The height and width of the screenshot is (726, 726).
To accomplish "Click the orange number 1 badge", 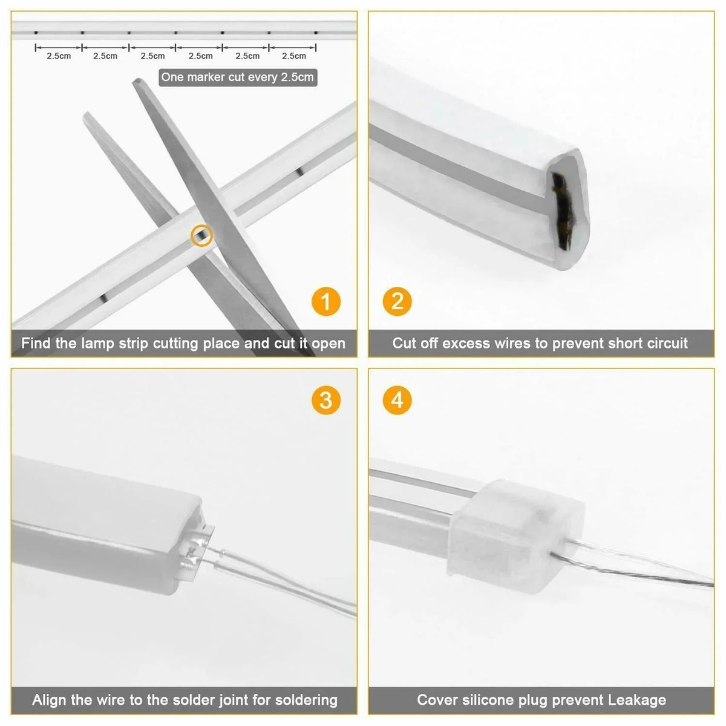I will point(326,301).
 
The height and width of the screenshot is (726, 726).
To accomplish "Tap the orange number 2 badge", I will point(397,301).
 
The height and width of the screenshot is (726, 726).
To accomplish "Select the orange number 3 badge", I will point(326,400).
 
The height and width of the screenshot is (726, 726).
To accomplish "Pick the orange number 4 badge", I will point(397,400).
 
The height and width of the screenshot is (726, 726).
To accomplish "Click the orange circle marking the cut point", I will point(201,235).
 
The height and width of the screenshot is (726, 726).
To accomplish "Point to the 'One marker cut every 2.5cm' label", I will point(237,77).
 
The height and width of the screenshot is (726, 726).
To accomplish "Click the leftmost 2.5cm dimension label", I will point(59,56).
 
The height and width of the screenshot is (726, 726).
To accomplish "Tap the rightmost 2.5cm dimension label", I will point(294,56).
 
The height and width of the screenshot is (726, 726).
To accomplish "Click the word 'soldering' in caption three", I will point(306,701).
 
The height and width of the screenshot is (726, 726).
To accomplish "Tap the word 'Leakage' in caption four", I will point(637,701).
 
